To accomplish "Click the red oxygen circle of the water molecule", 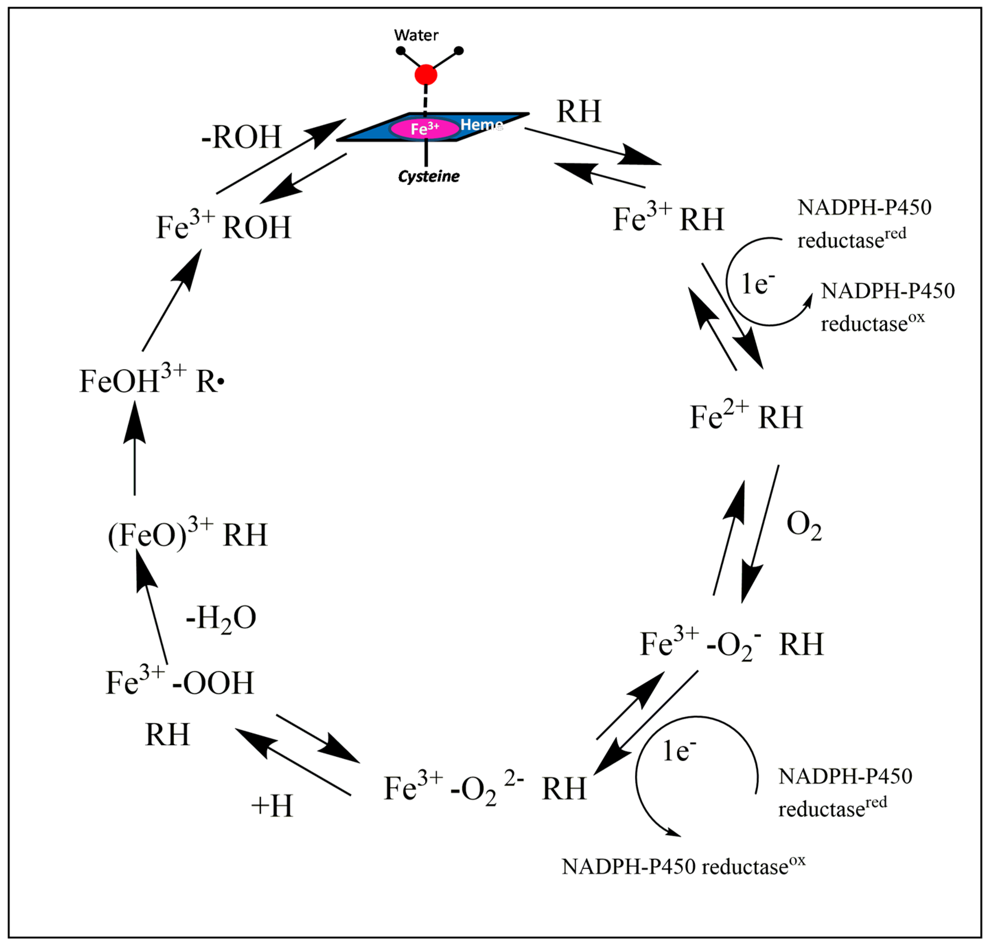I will pos(426,75).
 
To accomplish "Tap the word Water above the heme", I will pos(416,35).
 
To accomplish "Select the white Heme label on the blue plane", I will pos(481,125).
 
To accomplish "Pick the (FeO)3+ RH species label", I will pos(187,534).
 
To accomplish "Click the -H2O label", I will pos(221,618).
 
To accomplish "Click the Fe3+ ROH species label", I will pos(223,227).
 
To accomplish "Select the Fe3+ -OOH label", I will pos(179,683).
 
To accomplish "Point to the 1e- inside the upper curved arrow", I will pos(757,284).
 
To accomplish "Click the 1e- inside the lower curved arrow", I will pos(679,751).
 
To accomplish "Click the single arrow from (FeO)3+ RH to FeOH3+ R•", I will pos(135,449).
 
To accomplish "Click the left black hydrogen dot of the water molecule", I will pos(401,50).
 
